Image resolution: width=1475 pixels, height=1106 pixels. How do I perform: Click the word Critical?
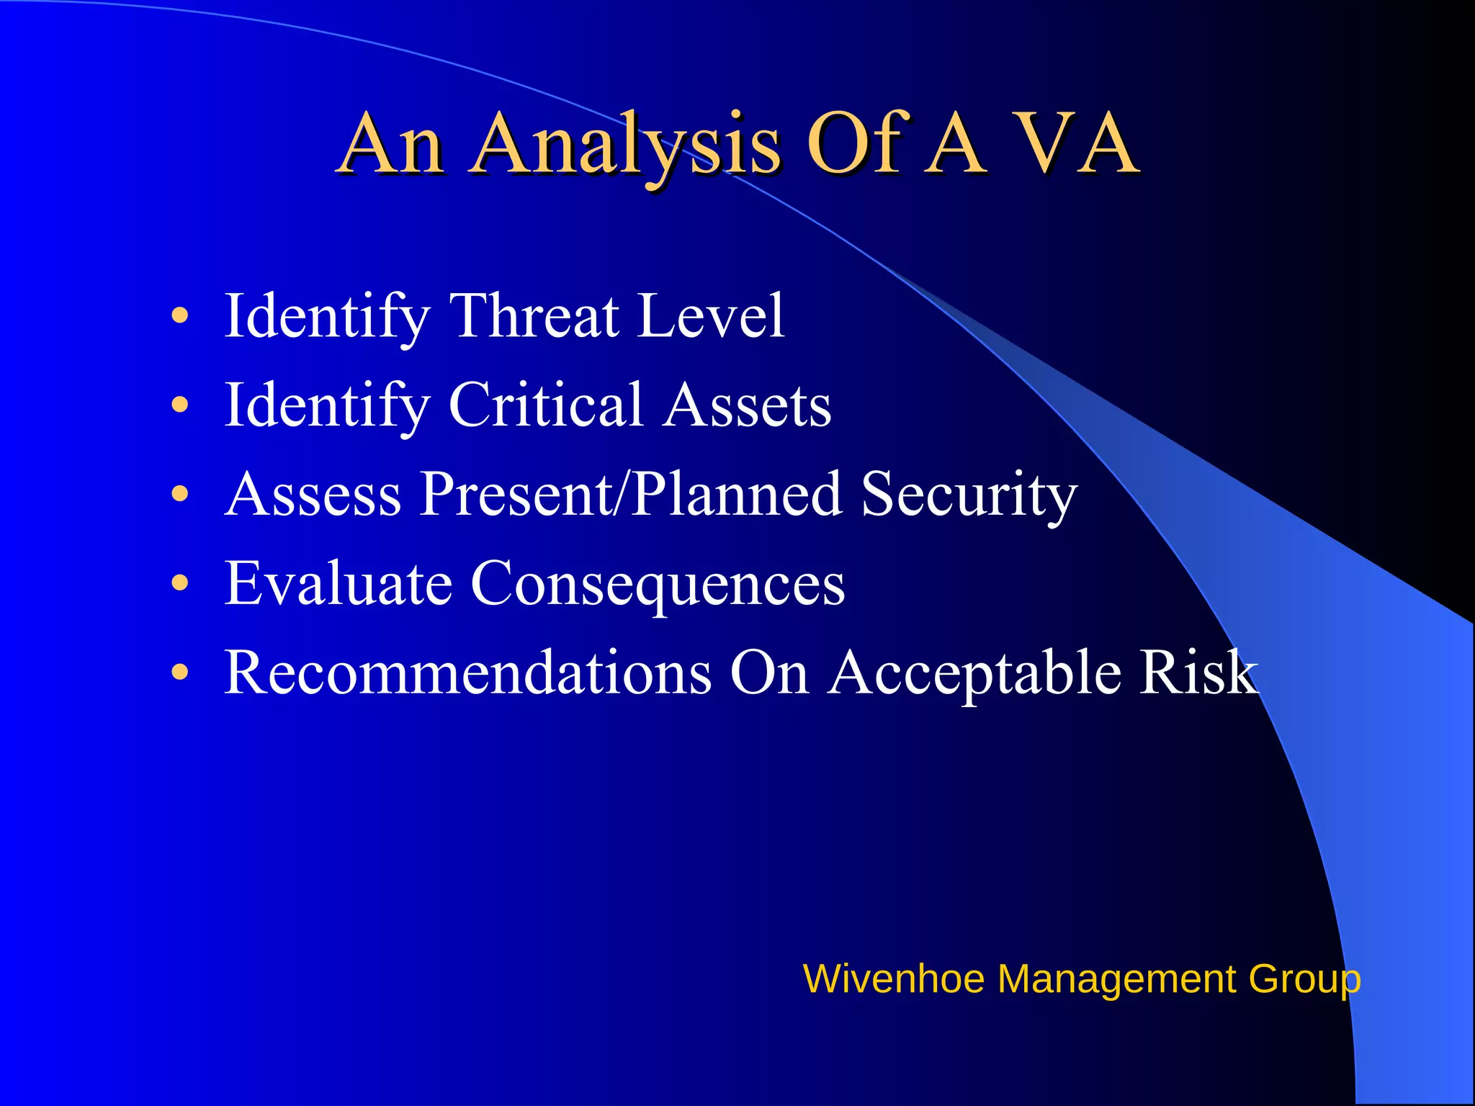[x=545, y=405]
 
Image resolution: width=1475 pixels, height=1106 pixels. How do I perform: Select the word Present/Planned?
[x=631, y=494]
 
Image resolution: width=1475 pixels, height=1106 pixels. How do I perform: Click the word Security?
[x=969, y=495]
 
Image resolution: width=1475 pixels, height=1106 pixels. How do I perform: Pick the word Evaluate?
[x=339, y=583]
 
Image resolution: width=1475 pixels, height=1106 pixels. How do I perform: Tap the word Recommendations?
[x=468, y=673]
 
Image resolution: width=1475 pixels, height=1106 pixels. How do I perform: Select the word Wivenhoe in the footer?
[x=893, y=979]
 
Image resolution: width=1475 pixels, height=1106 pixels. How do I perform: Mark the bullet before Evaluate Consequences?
[x=180, y=583]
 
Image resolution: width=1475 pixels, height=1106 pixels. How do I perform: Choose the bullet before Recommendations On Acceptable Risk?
[x=180, y=673]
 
